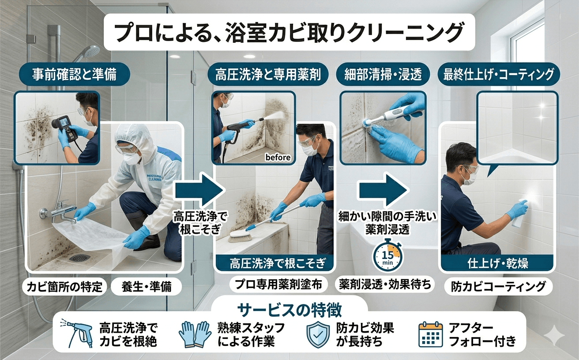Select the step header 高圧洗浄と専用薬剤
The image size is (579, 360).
pyautogui.click(x=268, y=75)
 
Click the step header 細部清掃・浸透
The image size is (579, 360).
pyautogui.click(x=383, y=75)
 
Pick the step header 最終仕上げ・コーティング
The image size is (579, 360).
pyautogui.click(x=498, y=75)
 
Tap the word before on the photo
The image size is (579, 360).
pyautogui.click(x=278, y=157)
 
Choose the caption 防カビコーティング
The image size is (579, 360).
pyautogui.click(x=498, y=286)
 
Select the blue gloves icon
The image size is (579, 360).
pyautogui.click(x=195, y=334)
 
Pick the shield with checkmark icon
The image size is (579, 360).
pyautogui.click(x=318, y=334)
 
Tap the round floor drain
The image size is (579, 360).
pyautogui.click(x=80, y=258)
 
